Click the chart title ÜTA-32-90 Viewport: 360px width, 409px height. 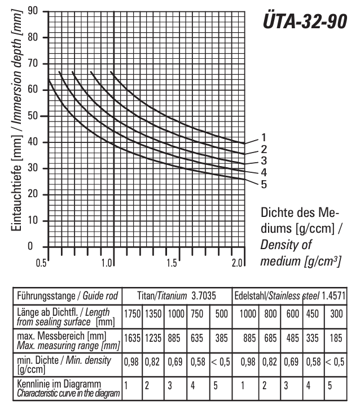click(x=305, y=21)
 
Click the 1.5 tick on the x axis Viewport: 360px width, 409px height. click(x=173, y=263)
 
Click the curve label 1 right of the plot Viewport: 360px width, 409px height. click(x=263, y=137)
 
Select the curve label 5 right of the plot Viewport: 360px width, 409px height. click(x=263, y=184)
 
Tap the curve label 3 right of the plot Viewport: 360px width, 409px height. click(x=263, y=161)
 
